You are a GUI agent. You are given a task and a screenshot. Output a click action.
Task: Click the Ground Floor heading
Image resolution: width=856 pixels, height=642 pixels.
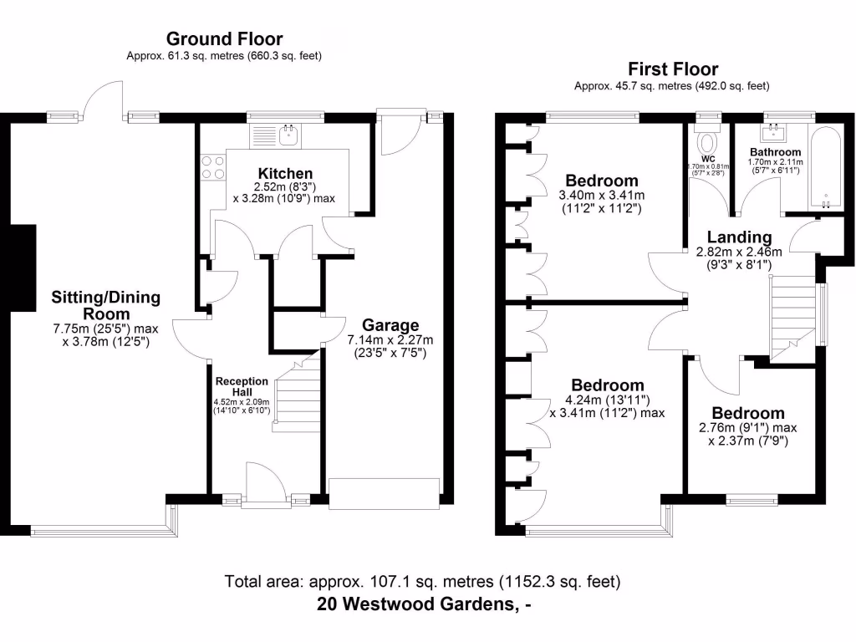tap(224, 38)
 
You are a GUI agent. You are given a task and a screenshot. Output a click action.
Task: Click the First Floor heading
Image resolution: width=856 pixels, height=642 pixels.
tap(673, 69)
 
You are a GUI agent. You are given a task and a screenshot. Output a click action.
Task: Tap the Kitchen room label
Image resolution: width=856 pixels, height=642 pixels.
tap(285, 174)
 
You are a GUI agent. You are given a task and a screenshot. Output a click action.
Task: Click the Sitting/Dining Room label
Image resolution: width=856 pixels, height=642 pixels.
tap(105, 305)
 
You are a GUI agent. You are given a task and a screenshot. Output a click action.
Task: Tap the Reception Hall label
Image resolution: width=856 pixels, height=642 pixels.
tap(242, 387)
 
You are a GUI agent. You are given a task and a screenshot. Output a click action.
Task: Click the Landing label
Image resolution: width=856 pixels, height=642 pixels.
tap(739, 237)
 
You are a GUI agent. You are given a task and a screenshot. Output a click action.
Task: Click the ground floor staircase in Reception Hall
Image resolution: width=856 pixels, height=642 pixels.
tap(298, 393)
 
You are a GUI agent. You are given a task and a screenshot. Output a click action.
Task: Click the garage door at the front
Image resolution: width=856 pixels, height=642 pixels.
tap(385, 493)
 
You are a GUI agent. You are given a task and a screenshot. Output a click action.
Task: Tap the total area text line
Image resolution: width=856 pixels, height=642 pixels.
tap(422, 581)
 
